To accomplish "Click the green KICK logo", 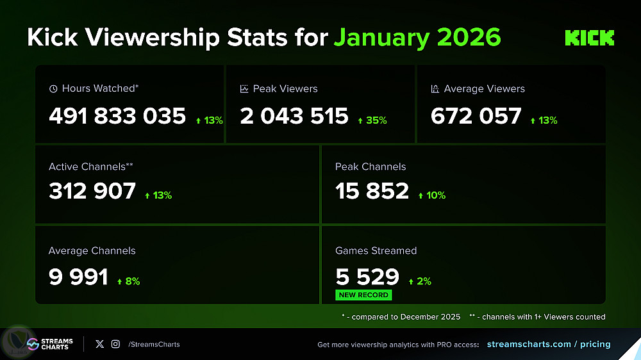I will click(589, 38).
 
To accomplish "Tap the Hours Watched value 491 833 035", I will click(117, 116).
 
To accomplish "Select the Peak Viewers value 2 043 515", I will click(294, 116).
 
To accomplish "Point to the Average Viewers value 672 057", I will click(476, 116).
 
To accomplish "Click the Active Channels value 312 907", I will click(92, 191).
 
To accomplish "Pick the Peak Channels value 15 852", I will click(372, 191).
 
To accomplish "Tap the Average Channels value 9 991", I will click(78, 277).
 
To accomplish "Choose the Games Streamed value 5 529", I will click(367, 277).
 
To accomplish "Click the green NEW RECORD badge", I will click(363, 295).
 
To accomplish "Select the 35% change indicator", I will click(372, 120).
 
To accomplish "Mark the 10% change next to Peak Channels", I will click(431, 195).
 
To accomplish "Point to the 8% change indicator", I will click(128, 281).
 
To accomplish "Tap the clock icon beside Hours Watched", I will click(53, 89).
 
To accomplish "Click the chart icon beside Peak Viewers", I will click(244, 89).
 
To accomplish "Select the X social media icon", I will click(99, 344).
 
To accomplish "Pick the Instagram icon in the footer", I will click(115, 344).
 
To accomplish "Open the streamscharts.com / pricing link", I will click(549, 344).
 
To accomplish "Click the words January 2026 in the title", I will click(417, 38).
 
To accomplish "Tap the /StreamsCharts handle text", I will click(154, 344).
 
